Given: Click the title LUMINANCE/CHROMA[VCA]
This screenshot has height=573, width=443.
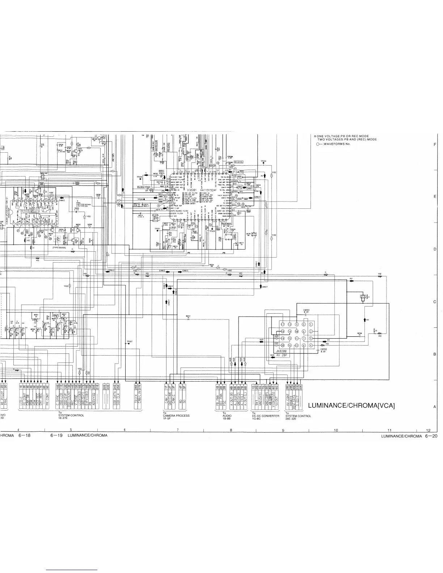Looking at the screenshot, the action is (x=351, y=406).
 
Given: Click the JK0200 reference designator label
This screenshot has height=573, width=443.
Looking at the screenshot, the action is (x=281, y=351).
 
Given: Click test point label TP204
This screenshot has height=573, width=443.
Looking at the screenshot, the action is (x=263, y=161).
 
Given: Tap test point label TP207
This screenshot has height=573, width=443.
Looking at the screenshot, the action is (x=129, y=341).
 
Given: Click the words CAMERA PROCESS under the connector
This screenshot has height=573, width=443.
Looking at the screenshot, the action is (x=176, y=416).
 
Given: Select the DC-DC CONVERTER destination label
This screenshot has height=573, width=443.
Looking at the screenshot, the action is (x=266, y=416).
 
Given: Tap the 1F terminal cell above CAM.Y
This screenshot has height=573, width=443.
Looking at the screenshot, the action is (x=166, y=386).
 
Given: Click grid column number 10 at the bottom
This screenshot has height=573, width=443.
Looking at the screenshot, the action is (x=336, y=430).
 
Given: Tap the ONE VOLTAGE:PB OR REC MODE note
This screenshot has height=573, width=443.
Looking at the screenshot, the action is (x=338, y=136).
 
